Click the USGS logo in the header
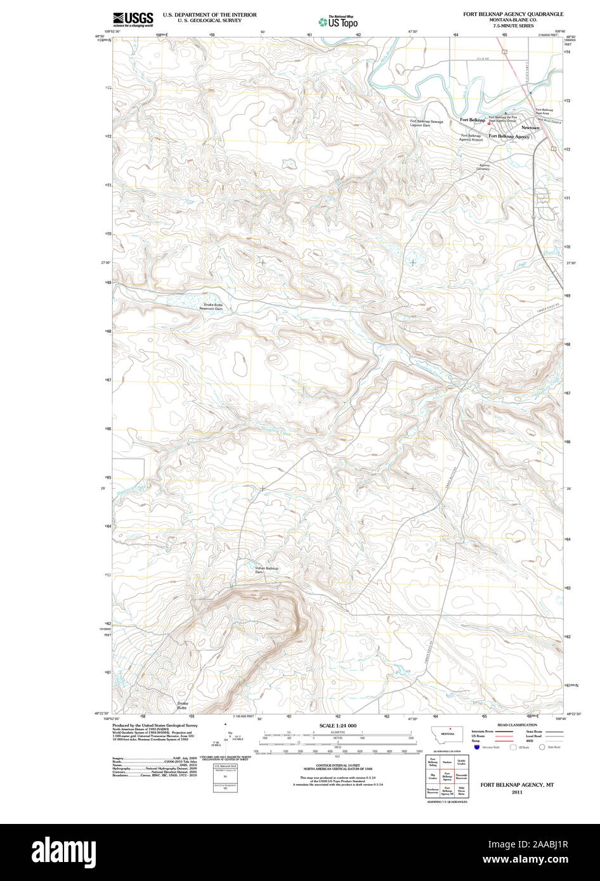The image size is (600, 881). [133, 18]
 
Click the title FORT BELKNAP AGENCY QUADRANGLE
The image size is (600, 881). [512, 13]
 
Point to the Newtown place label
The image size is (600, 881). [530, 128]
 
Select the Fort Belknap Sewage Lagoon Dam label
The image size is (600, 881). [410, 124]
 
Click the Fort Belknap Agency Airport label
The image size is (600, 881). [471, 138]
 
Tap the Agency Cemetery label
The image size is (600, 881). [484, 167]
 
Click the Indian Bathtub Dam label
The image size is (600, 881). [266, 570]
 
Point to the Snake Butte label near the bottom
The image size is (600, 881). [183, 705]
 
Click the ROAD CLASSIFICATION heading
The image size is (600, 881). [517, 725]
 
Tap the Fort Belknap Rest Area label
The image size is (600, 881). [544, 112]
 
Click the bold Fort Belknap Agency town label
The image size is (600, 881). [509, 136]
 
